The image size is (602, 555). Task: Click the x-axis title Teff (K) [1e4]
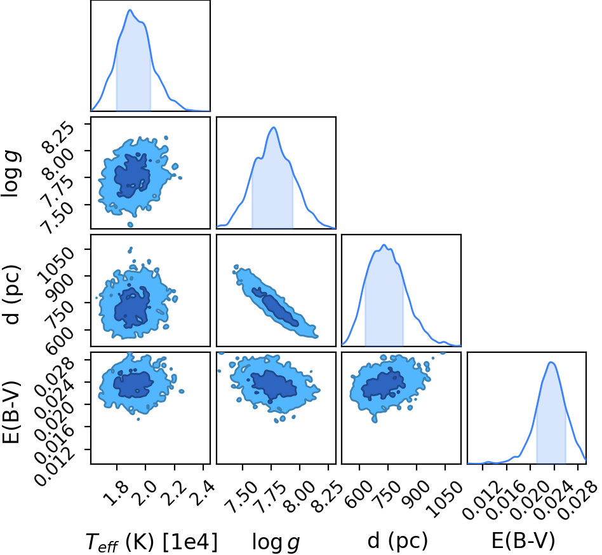click(151, 542)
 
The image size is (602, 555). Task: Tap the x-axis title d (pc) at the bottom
click(398, 541)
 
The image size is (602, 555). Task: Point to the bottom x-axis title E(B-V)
click(523, 541)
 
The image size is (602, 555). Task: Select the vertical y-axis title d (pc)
click(11, 294)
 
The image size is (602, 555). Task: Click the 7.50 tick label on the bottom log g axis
click(241, 498)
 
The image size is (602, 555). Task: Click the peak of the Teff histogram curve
click(130, 10)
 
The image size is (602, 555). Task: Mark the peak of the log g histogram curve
click(273, 127)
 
